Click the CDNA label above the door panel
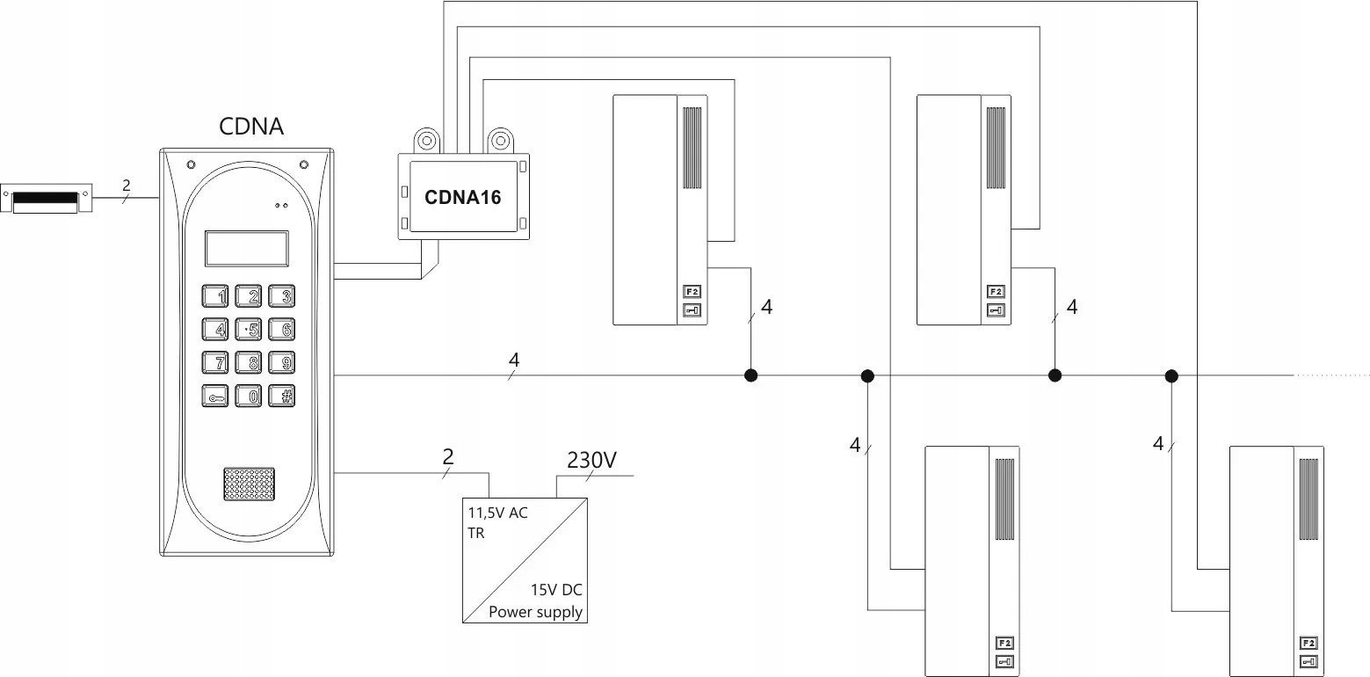pos(251,126)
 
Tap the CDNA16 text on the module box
pos(462,197)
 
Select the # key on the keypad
pos(282,396)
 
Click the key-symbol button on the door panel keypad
pos(215,396)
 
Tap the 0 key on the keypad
pos(249,396)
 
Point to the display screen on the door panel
pos(246,249)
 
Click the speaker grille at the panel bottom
pos(249,484)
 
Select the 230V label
pos(591,460)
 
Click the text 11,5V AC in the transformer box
pos(498,513)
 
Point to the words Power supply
pos(535,612)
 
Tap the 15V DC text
pos(556,590)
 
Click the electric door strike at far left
pos(46,198)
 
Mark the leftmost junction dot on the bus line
pos(751,375)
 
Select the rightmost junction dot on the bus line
pos(1171,375)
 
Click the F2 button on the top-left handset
pos(692,292)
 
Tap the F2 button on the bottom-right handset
pos(1308,644)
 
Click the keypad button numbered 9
pos(282,363)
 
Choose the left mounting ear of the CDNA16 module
pos(427,141)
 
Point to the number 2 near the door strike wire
pos(126,185)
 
